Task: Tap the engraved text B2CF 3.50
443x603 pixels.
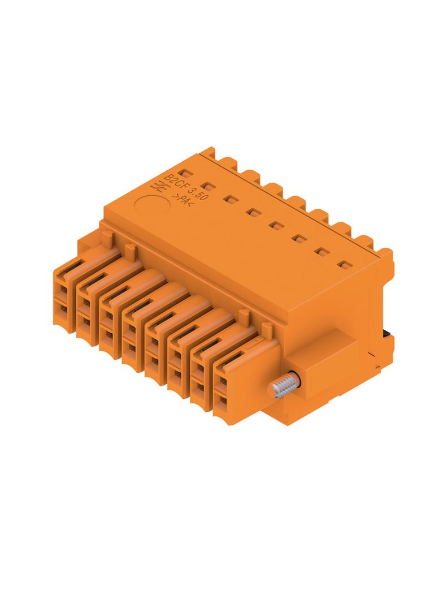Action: point(186,187)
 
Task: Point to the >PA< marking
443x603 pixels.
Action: point(183,201)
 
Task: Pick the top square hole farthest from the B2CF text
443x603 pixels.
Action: point(346,265)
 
